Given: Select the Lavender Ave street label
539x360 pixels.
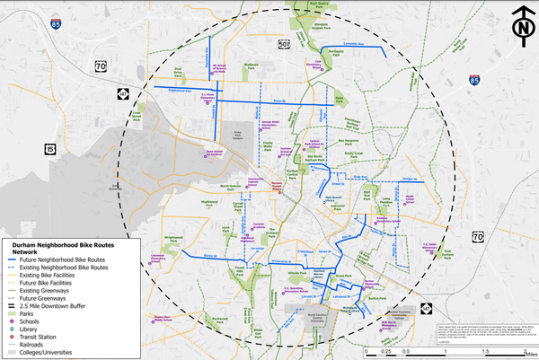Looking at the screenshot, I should (358, 42).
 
